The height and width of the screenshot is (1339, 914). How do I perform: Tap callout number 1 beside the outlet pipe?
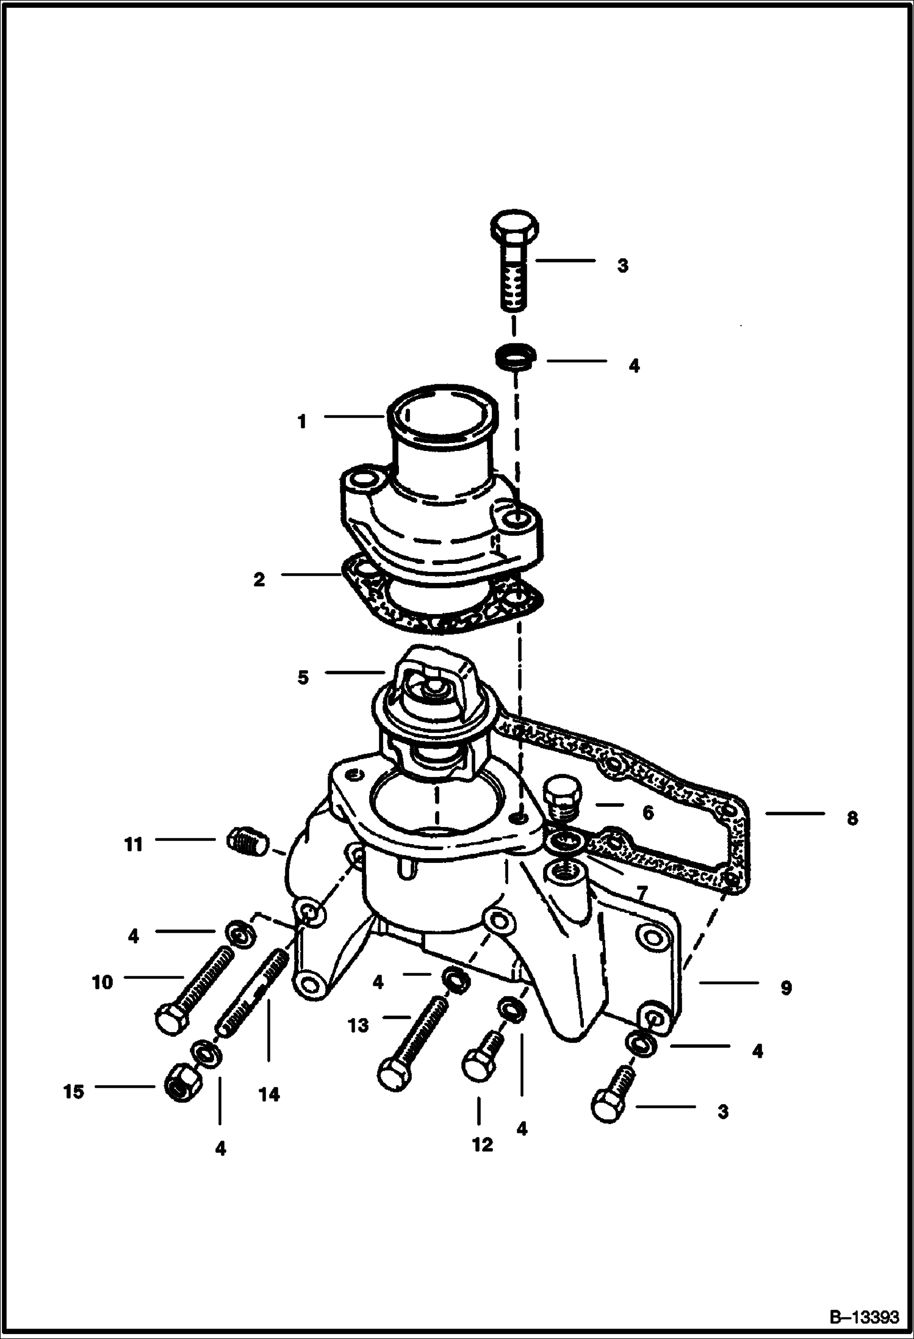[x=301, y=422]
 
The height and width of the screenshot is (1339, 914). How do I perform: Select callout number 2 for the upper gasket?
[x=259, y=579]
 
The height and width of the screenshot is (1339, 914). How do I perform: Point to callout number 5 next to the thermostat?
[x=303, y=677]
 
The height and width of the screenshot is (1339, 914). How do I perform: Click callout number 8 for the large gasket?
[x=852, y=818]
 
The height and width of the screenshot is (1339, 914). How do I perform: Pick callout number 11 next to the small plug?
[x=133, y=845]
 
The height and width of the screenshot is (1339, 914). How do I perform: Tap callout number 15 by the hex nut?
[x=73, y=1092]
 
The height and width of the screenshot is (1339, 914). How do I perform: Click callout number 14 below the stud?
[x=269, y=1095]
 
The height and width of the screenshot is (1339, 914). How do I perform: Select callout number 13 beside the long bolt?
[x=359, y=1025]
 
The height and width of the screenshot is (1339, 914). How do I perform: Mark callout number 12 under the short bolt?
[x=482, y=1145]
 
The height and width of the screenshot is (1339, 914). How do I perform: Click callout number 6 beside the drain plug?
[x=647, y=812]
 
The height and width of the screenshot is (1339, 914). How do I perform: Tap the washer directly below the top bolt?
[x=516, y=358]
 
